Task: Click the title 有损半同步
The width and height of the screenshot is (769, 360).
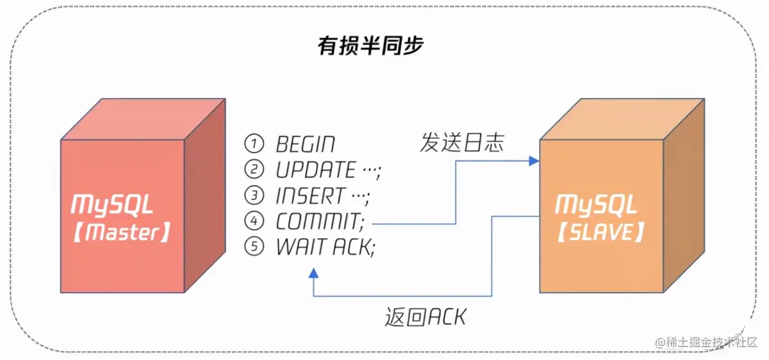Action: (x=371, y=46)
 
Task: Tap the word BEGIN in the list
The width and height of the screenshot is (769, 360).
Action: (x=305, y=144)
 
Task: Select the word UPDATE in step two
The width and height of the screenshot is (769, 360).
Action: (x=315, y=170)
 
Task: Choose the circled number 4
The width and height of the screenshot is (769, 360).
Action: (x=254, y=222)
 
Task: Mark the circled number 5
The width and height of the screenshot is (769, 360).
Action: (x=254, y=247)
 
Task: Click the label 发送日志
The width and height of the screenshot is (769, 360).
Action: (x=462, y=142)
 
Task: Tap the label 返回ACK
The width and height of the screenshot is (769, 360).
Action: (x=426, y=316)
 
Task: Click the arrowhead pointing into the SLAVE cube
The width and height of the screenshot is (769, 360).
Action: (x=534, y=161)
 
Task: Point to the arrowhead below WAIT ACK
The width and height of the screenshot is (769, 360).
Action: (x=313, y=274)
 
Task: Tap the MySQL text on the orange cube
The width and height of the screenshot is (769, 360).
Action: (x=596, y=205)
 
